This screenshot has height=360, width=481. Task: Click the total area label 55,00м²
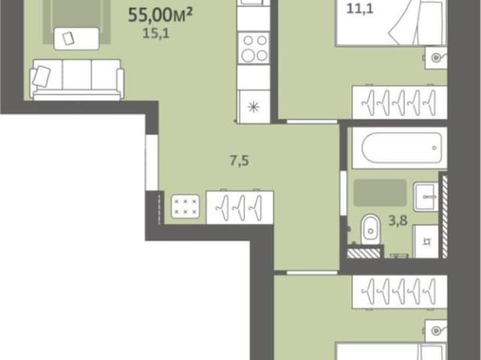(x=160, y=14)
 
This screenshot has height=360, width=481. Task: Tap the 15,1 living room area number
(x=156, y=33)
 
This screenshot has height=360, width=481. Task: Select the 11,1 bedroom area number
(x=359, y=8)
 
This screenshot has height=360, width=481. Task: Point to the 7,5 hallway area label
(x=239, y=161)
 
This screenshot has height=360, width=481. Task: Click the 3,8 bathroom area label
(x=398, y=220)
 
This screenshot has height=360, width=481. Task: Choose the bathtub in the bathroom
(x=401, y=148)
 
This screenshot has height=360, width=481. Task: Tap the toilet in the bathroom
(x=371, y=229)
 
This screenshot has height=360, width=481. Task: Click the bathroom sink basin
(x=426, y=197)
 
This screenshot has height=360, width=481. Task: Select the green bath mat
(x=380, y=192)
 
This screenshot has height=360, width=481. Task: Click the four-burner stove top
(x=254, y=48)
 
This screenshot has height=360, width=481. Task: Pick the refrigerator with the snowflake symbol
(x=254, y=107)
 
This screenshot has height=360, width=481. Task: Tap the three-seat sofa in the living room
(x=77, y=80)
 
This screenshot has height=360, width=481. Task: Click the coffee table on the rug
(x=77, y=38)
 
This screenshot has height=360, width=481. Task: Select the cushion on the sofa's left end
(x=41, y=77)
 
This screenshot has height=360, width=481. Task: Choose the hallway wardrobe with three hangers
(x=240, y=207)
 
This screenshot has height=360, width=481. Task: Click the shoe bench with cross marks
(x=185, y=207)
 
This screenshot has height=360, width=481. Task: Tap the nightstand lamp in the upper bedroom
(x=436, y=57)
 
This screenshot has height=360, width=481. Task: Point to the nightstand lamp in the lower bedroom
(x=436, y=331)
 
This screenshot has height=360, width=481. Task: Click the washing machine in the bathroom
(x=426, y=242)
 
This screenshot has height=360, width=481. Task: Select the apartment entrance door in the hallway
(x=152, y=162)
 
